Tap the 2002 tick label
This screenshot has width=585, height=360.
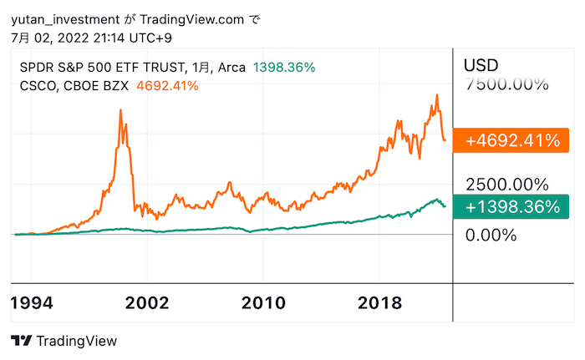tap(147, 302)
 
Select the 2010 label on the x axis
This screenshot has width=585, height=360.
tap(263, 302)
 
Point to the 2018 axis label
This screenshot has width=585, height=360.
tap(379, 302)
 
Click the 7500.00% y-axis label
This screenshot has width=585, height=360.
tap(507, 84)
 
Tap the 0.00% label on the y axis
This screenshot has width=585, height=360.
tap(491, 235)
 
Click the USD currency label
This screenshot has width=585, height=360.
tap(481, 64)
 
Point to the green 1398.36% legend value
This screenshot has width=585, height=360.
tap(284, 68)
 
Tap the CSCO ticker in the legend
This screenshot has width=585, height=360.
tap(36, 85)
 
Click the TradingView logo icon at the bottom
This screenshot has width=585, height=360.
tap(22, 341)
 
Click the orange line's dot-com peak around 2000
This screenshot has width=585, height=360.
tap(122, 111)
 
